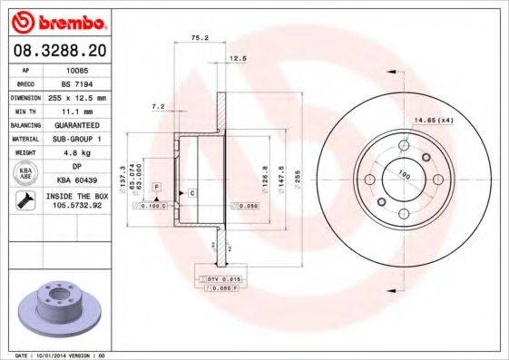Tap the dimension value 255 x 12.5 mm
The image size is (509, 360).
75,96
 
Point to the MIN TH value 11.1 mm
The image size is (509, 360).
75,110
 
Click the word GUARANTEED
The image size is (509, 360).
75,124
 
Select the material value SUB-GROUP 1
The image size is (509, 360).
75,139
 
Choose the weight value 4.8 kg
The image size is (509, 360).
75,153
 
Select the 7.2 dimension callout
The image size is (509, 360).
158,106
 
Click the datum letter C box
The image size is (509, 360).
193,193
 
